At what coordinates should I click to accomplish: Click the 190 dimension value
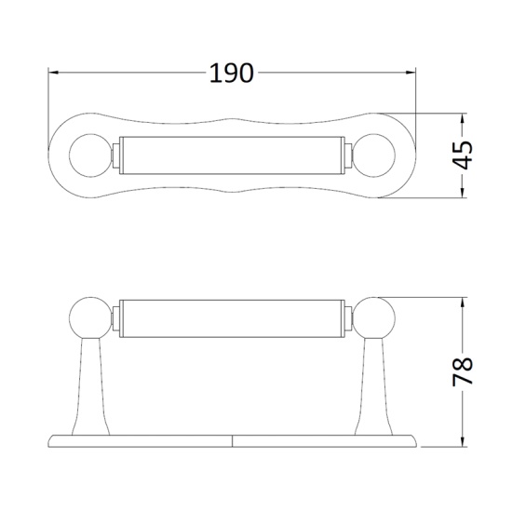(x=231, y=73)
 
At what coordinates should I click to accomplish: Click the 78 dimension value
(x=463, y=372)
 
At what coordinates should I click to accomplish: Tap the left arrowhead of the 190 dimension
(x=53, y=73)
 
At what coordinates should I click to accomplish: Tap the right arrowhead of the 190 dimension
(x=411, y=73)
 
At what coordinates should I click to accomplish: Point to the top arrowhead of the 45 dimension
(x=463, y=118)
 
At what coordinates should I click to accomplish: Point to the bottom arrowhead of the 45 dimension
(x=463, y=193)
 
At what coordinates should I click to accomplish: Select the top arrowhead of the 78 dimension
(x=463, y=302)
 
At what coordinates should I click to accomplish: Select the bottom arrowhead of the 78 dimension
(x=463, y=442)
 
